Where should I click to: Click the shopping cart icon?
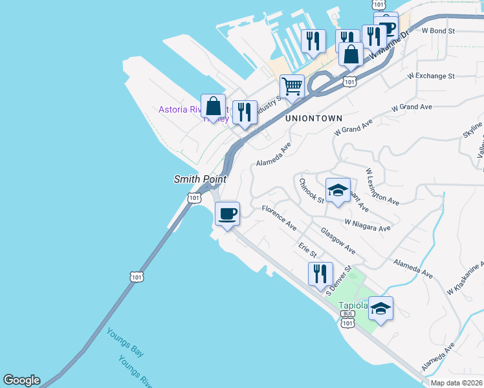coord(292,86)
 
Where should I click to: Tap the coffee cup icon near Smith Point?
coord(227,213)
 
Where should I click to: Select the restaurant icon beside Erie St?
coord(320,274)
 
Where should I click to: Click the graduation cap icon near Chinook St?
coord(337,190)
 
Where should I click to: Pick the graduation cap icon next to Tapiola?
coord(381,308)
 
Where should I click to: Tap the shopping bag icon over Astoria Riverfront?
coord(213,106)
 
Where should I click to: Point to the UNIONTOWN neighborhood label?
coord(313,118)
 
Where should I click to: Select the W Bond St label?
coord(438,30)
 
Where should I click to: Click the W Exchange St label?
coord(431,76)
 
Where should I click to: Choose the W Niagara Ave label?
coord(368,224)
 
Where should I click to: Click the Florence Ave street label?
coord(279,218)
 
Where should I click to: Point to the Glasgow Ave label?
coord(338,240)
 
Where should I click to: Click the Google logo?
coord(21,380)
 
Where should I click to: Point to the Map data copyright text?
coord(457,383)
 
